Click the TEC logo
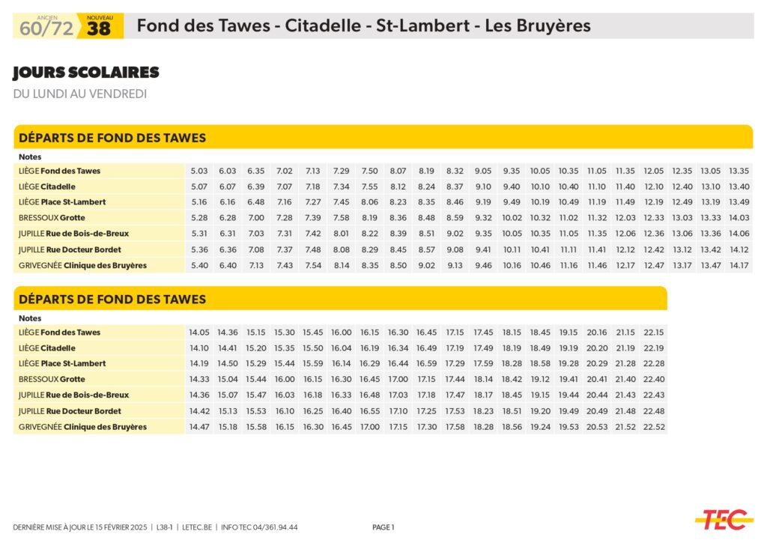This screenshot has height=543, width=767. (723, 518)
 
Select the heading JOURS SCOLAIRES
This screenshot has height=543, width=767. (86, 73)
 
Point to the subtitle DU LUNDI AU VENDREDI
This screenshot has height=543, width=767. (79, 94)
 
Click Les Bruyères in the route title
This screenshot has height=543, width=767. (537, 25)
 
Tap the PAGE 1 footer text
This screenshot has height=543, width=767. (383, 527)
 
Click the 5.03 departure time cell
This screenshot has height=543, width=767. (198, 171)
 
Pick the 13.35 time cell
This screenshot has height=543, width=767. (739, 171)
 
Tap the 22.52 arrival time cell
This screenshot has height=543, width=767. (653, 427)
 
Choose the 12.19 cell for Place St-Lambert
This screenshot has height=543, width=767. (653, 202)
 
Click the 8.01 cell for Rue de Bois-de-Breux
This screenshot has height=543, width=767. (341, 234)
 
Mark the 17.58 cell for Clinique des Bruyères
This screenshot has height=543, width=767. (455, 427)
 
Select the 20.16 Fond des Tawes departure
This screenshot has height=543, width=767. (597, 333)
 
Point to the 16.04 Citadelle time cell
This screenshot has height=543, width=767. (341, 348)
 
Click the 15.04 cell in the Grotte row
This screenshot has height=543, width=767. (227, 380)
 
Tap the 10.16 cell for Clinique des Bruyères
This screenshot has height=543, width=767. (512, 265)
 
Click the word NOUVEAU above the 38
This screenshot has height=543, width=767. (100, 16)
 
